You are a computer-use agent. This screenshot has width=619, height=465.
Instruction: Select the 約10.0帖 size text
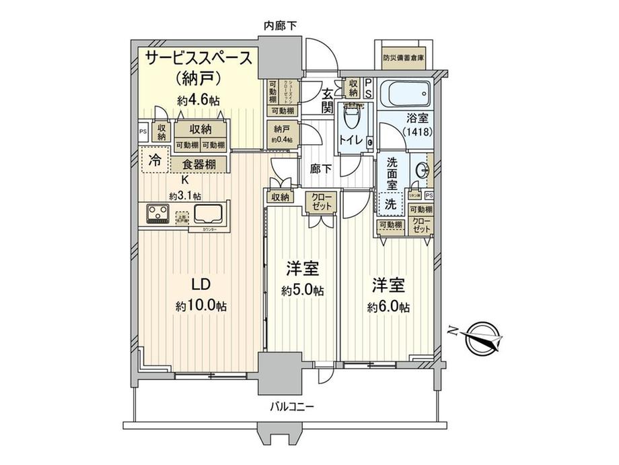201,305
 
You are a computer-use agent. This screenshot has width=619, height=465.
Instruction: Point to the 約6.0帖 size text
388,307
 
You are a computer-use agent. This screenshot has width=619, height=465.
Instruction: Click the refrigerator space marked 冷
155,162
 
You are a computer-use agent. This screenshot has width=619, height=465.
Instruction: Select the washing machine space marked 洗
390,203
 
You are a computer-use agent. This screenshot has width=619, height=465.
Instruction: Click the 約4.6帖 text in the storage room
198,101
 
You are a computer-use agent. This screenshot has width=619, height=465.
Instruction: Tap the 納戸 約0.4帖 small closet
282,133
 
